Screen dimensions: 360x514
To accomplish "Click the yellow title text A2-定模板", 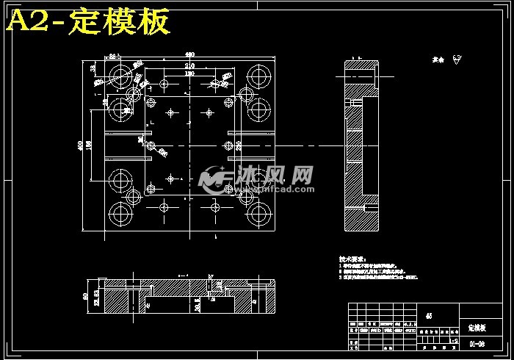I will [x=89, y=22].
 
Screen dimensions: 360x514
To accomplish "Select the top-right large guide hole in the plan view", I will [x=257, y=75].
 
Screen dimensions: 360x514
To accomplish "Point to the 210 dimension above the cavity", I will [x=189, y=65].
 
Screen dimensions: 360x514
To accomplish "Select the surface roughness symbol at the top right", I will [x=457, y=60].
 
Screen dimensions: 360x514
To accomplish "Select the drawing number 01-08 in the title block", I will [x=477, y=343].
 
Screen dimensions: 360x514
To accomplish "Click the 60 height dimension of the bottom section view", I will [x=86, y=297].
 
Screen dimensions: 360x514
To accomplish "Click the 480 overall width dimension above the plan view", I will [x=189, y=55].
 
